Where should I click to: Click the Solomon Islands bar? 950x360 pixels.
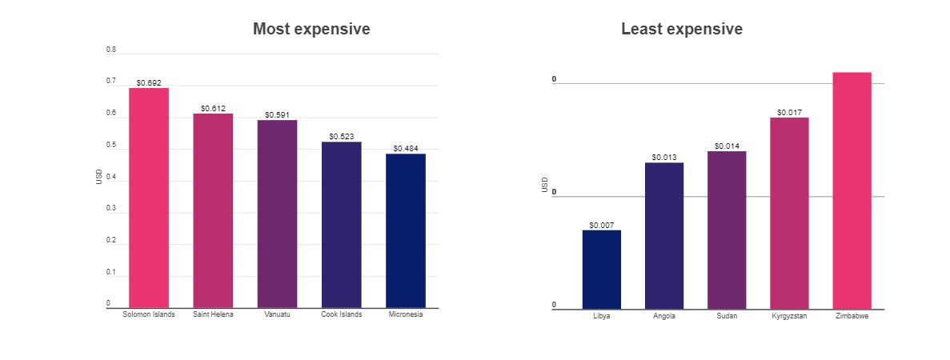[x=149, y=198]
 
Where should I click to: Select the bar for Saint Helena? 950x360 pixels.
[x=213, y=210]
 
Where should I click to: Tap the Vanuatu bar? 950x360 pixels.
[x=277, y=214]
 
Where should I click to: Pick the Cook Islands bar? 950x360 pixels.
[x=341, y=225]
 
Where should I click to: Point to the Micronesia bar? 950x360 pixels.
[x=405, y=230]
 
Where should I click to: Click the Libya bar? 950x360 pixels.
[x=602, y=269]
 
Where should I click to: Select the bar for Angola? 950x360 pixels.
[x=664, y=235]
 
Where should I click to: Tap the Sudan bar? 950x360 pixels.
[x=727, y=230]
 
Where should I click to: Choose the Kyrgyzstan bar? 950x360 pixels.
[x=789, y=213]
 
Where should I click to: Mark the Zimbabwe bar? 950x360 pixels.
[x=852, y=190]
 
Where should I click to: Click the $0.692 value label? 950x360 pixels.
[x=149, y=82]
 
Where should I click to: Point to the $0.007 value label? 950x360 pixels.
[x=602, y=225]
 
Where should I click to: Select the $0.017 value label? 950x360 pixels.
[x=789, y=113]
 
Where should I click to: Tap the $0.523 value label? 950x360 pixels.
[x=341, y=137]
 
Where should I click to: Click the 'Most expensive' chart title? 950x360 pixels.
[x=311, y=30]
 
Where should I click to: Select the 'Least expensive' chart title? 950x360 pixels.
[x=682, y=30]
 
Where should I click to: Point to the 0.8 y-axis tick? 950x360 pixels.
[x=111, y=50]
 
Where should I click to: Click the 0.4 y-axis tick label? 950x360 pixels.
[x=111, y=177]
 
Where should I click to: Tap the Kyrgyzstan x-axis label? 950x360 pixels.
[x=789, y=316]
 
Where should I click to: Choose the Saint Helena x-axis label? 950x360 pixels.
[x=213, y=314]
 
